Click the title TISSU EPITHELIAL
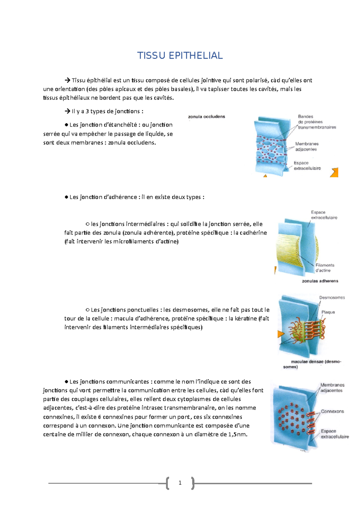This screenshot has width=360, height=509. (180, 56)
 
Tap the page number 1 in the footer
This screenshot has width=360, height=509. (180, 483)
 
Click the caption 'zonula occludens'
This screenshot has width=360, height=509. (206, 117)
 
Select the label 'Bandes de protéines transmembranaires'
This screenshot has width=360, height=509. (317, 122)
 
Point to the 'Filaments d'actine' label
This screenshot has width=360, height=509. (325, 268)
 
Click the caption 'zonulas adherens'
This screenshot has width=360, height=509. (320, 281)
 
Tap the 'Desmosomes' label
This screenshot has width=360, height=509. (332, 297)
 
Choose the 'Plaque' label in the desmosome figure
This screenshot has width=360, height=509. (328, 312)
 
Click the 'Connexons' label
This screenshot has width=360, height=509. (332, 411)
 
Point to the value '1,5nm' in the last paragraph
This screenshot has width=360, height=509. (238, 434)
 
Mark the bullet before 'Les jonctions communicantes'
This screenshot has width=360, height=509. (67, 382)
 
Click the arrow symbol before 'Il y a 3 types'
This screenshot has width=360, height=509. (67, 112)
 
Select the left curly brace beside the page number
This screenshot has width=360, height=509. (167, 483)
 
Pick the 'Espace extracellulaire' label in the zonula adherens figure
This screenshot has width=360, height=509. (324, 215)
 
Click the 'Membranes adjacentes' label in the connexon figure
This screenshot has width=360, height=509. (332, 388)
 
